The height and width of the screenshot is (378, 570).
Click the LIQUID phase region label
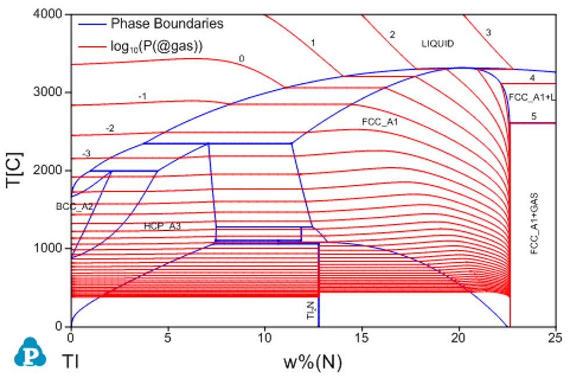(x=437, y=44)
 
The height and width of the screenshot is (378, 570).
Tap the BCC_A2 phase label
(x=75, y=206)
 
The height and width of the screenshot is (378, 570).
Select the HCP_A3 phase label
(x=162, y=227)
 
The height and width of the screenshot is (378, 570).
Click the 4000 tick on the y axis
(x=50, y=14)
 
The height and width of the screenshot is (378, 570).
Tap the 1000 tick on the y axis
(x=50, y=248)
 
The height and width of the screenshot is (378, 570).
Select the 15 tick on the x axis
(x=362, y=337)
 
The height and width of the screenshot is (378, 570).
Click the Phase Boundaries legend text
(x=167, y=24)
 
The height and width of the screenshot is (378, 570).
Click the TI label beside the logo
(x=70, y=362)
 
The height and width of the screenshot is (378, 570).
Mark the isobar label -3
(x=86, y=153)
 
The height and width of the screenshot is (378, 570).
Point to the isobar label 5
(x=533, y=116)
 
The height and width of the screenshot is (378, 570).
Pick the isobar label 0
(x=242, y=58)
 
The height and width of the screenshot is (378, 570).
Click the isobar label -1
(x=142, y=96)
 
